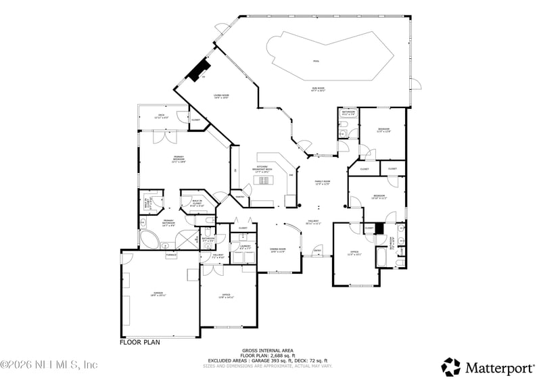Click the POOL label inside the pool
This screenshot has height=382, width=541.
coord(316,60)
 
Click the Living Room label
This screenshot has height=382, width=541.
coord(221,97)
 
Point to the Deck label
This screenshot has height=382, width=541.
coord(162,116)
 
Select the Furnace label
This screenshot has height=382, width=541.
coord(171,255)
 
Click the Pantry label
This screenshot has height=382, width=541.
coord(239,197)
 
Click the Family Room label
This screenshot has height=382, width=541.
coord(322,183)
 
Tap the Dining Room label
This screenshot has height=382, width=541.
coord(278,251)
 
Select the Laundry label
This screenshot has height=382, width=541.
coord(245,247)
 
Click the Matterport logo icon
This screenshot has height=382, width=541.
coord(451,366)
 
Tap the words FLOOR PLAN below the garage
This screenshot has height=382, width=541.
coord(140,342)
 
